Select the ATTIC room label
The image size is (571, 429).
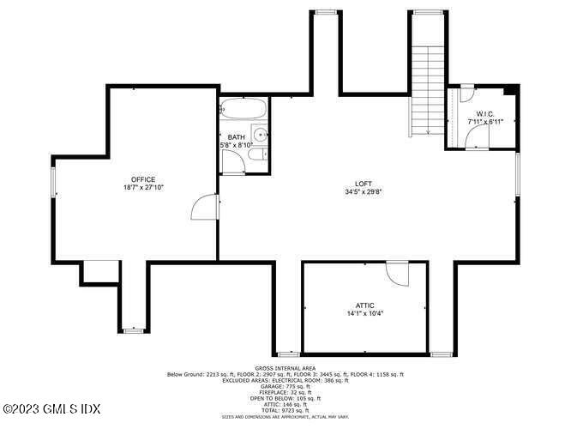365,305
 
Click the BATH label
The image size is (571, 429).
236,137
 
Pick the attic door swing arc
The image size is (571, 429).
398,274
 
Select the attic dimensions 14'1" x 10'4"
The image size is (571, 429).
365,313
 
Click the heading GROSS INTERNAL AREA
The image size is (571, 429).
285,368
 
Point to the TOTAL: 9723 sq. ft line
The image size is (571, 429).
285,409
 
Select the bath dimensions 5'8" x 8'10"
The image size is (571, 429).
237,145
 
